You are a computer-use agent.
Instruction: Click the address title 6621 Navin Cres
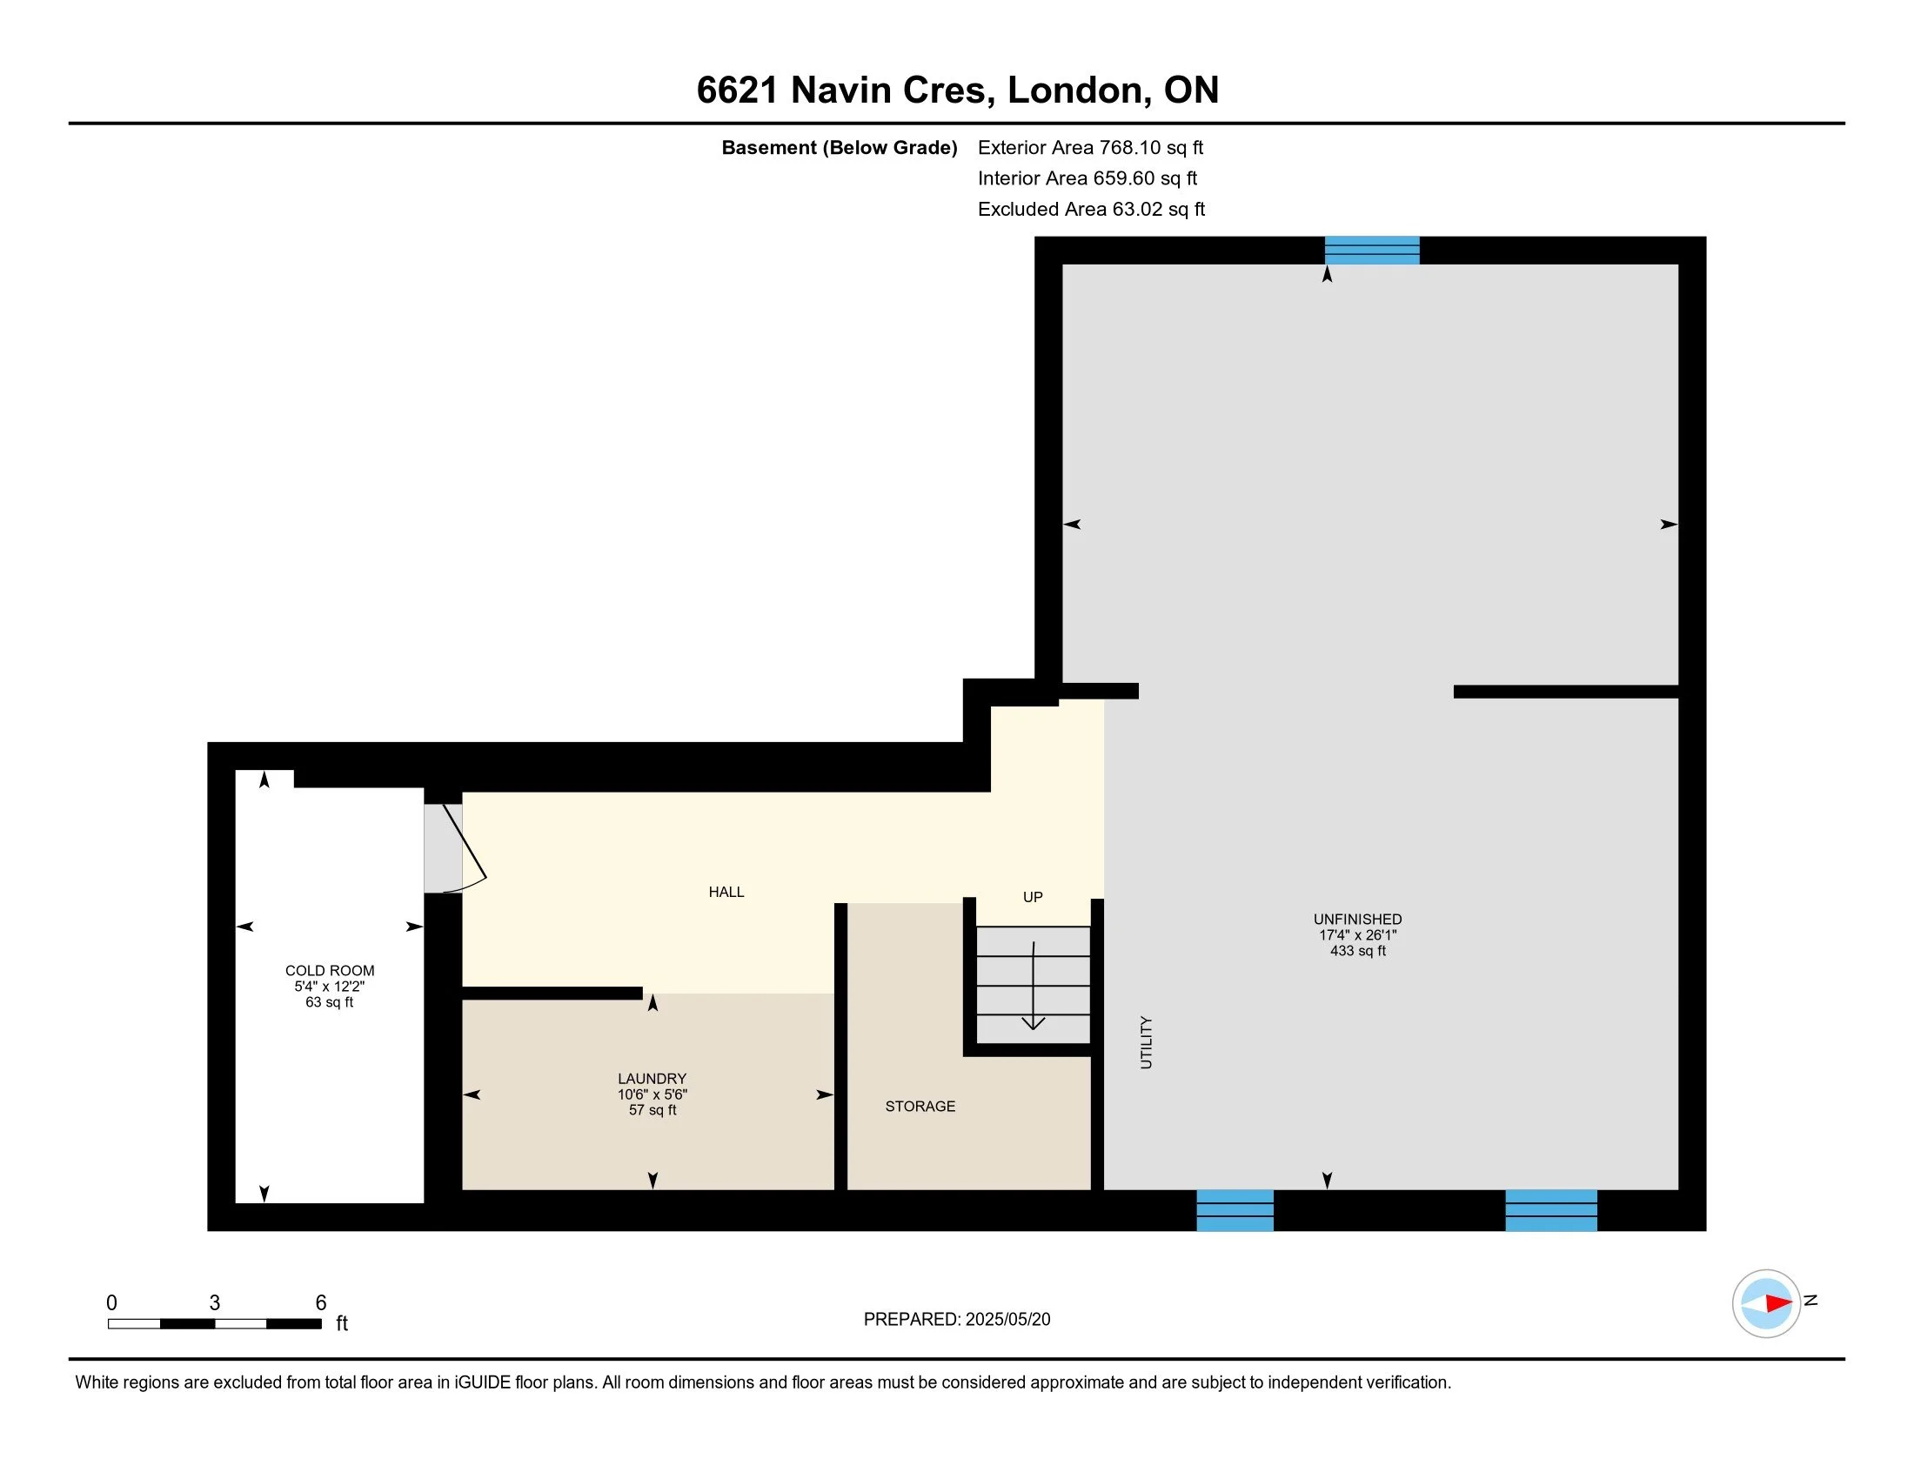point(845,90)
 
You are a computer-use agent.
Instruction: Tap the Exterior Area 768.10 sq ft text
point(1090,148)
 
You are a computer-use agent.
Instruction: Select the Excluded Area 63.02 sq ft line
point(1091,210)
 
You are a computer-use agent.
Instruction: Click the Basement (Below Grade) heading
point(839,148)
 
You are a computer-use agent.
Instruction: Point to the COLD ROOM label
point(330,971)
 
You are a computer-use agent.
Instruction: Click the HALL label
point(726,892)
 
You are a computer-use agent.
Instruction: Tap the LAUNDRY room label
point(652,1079)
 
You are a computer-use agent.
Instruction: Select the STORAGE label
point(920,1107)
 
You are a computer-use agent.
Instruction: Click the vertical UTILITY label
point(1147,1042)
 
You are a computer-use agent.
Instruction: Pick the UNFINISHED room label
point(1357,919)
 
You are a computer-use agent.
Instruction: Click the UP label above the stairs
point(1034,897)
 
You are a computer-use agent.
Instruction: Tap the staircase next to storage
point(1034,985)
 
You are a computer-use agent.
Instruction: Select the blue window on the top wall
point(1372,251)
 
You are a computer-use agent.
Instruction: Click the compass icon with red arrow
point(1766,1303)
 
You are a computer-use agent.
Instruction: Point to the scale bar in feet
point(215,1323)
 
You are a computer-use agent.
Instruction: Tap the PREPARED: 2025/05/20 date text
point(957,1320)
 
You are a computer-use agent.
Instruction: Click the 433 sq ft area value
point(1357,951)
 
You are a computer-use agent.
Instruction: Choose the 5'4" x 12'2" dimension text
point(330,987)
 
